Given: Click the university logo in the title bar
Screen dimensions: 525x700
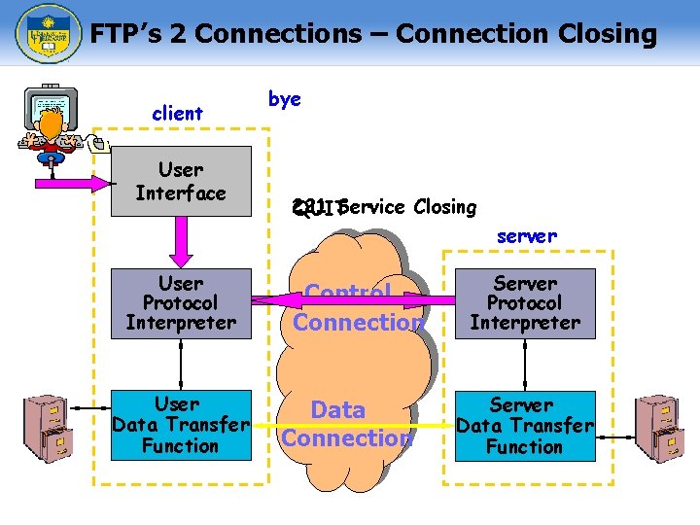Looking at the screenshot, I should click(x=44, y=34).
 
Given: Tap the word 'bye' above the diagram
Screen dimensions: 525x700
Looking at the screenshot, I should click(x=284, y=99).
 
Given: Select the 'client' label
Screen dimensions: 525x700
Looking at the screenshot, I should click(x=177, y=114).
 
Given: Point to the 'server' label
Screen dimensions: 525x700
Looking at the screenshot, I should click(x=526, y=235).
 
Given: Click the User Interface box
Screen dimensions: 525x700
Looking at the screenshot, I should click(x=181, y=182).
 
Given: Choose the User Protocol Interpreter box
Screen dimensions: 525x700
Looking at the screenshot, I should click(x=181, y=302).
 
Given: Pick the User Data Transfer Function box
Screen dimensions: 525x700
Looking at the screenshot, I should click(x=181, y=425).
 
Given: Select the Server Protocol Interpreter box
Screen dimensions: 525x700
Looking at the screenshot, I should click(x=525, y=302).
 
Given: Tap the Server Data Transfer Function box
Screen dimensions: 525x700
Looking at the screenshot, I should click(x=525, y=426).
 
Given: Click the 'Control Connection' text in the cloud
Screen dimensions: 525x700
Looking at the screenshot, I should click(x=357, y=307).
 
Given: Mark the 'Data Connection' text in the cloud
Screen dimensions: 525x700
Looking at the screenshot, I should click(x=346, y=424).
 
